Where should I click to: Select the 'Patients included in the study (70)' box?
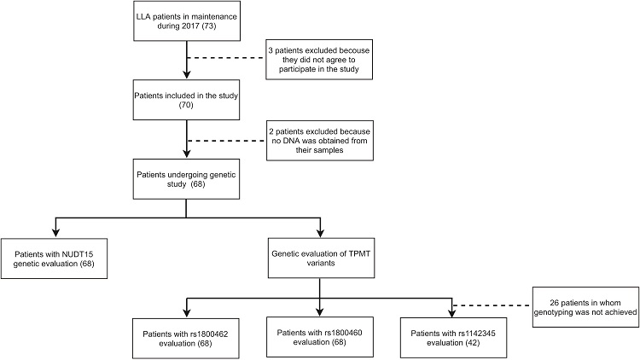click(x=186, y=104)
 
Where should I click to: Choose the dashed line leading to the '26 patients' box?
click(x=492, y=306)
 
